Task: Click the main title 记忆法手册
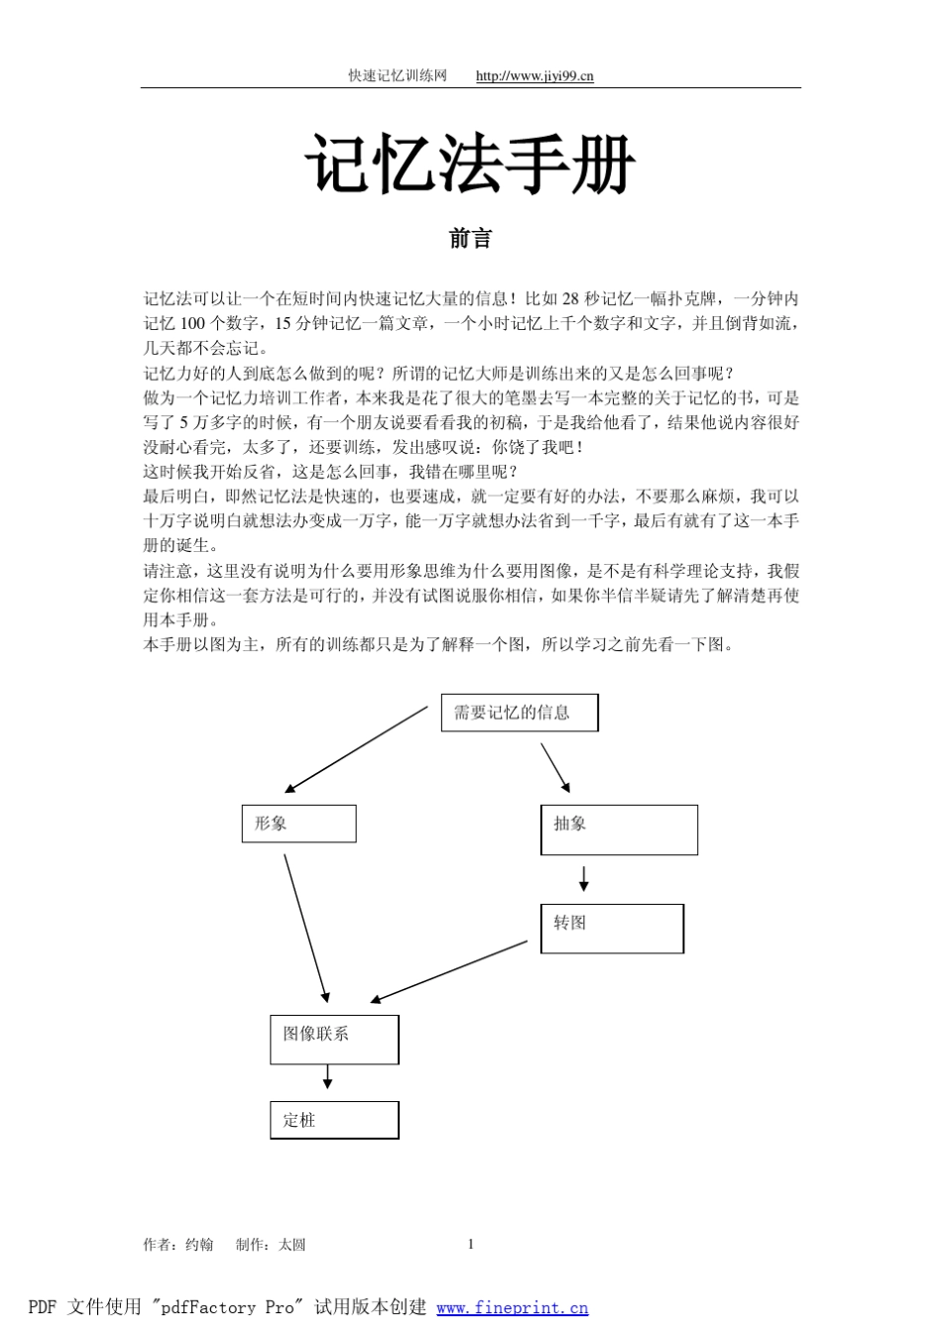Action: click(x=470, y=165)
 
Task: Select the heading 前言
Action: click(x=470, y=239)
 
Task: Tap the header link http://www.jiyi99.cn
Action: click(x=534, y=76)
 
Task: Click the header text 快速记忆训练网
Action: click(x=398, y=76)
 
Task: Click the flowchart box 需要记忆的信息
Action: click(x=519, y=713)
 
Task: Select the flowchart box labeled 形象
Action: click(x=298, y=824)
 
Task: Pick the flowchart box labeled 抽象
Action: click(x=619, y=830)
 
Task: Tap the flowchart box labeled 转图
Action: click(x=612, y=929)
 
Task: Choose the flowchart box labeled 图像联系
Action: click(x=334, y=1039)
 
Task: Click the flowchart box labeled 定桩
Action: click(x=334, y=1120)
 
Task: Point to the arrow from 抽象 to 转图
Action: click(x=584, y=878)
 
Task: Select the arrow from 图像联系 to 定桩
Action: click(x=327, y=1077)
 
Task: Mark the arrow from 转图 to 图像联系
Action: click(x=449, y=971)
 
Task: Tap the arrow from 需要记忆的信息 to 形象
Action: click(x=357, y=749)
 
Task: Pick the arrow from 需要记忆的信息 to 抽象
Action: click(x=555, y=768)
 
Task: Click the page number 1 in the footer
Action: click(x=471, y=1245)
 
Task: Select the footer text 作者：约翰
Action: click(x=178, y=1245)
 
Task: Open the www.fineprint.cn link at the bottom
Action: click(x=512, y=1308)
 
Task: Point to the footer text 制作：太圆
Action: click(x=271, y=1245)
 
